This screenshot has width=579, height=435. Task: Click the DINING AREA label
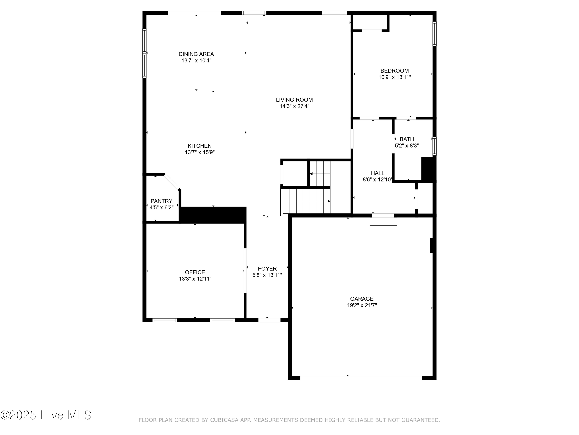click(x=196, y=54)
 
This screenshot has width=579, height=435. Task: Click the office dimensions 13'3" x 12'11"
click(x=195, y=279)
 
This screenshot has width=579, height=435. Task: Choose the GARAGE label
click(x=362, y=299)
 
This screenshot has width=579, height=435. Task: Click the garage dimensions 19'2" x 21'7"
click(x=362, y=305)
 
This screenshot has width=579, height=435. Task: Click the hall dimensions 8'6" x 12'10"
click(x=377, y=180)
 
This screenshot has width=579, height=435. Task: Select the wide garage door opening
click(x=361, y=378)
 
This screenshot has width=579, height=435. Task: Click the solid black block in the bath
click(x=428, y=169)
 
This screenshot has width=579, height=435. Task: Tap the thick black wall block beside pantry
click(x=213, y=215)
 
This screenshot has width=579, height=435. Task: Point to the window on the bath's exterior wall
click(x=434, y=146)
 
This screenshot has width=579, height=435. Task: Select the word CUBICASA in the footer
click(x=224, y=420)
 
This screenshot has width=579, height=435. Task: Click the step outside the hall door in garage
click(x=383, y=221)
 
